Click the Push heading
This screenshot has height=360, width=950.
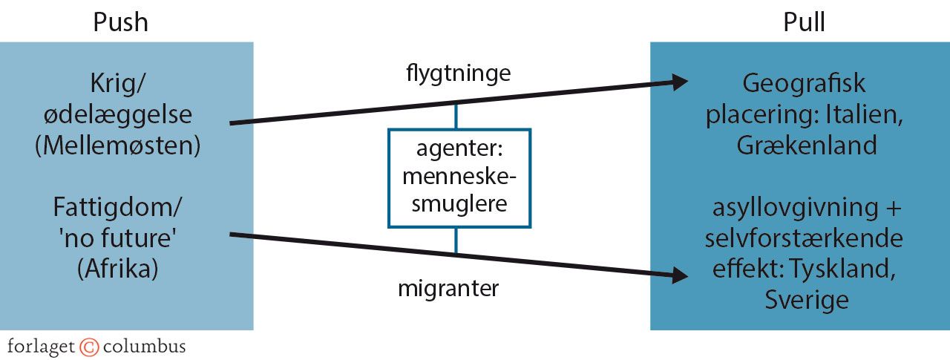pyautogui.click(x=120, y=22)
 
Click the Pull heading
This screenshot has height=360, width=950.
pyautogui.click(x=805, y=22)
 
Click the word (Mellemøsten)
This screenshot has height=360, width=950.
pyautogui.click(x=118, y=145)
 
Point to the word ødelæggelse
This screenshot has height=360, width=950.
pyautogui.click(x=118, y=115)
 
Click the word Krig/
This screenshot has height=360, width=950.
pyautogui.click(x=118, y=84)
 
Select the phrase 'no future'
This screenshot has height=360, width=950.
pyautogui.click(x=118, y=237)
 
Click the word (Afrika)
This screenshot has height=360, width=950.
pyautogui.click(x=118, y=268)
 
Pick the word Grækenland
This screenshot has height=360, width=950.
pyautogui.click(x=807, y=145)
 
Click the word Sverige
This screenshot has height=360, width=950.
pyautogui.click(x=806, y=300)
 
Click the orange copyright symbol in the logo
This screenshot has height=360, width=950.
pyautogui.click(x=89, y=347)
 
